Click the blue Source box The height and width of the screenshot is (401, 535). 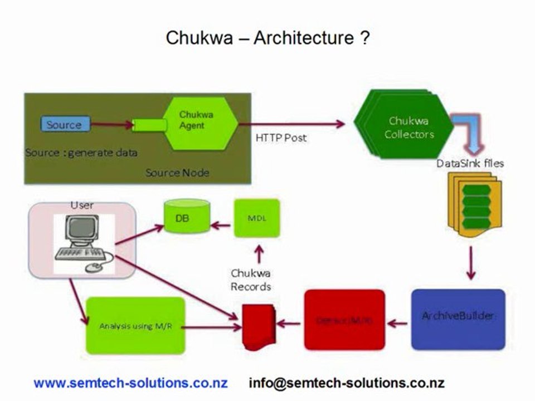[x=64, y=125]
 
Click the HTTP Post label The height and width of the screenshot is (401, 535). [x=281, y=138]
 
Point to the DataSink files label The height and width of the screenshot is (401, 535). [x=470, y=163]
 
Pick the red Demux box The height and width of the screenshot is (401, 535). [x=344, y=320]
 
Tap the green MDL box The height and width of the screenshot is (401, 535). [x=256, y=218]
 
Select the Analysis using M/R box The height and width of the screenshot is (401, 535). [x=135, y=326]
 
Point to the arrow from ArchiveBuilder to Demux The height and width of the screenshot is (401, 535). [x=397, y=322]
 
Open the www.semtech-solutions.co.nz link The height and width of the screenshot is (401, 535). [x=130, y=383]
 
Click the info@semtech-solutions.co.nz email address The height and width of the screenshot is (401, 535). [x=347, y=383]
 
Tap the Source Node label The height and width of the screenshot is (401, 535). [x=177, y=173]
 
